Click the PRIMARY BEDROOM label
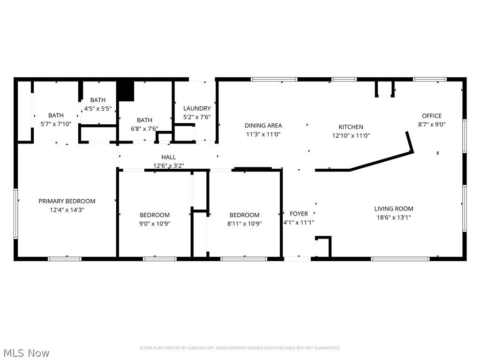(67, 201)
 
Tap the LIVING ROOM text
(393, 209)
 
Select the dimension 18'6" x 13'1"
(393, 217)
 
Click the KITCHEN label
(351, 127)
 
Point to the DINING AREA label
(263, 125)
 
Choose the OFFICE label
(431, 116)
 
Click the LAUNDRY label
(196, 108)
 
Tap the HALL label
(168, 157)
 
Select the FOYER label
(299, 214)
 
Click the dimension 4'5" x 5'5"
(97, 108)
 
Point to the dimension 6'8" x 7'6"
(144, 129)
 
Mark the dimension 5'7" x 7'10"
(56, 124)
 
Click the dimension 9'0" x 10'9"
(154, 224)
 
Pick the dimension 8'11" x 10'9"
(244, 224)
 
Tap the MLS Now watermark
(26, 352)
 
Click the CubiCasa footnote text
(240, 348)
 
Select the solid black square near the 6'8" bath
(126, 91)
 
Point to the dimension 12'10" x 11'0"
(351, 135)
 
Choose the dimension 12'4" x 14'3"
(67, 210)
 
